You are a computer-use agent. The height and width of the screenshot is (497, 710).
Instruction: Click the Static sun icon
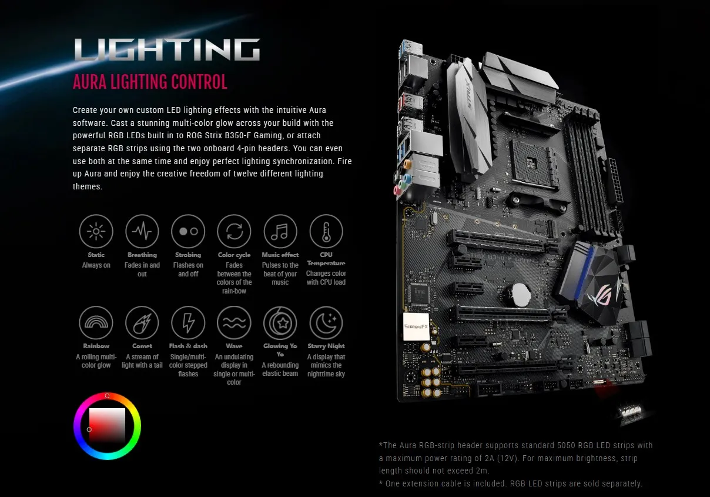[x=96, y=231]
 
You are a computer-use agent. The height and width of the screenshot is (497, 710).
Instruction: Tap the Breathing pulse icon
[x=142, y=231]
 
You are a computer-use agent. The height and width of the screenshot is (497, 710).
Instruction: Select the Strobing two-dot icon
[x=188, y=231]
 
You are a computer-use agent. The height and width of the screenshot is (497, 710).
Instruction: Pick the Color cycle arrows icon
[x=234, y=231]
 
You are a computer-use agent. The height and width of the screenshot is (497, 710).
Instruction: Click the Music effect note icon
[x=280, y=231]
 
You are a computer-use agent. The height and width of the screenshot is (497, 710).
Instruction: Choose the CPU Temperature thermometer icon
[x=326, y=231]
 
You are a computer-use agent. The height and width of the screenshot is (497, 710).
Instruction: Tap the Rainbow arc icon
[x=96, y=323]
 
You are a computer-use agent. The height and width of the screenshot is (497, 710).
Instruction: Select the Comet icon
[x=142, y=323]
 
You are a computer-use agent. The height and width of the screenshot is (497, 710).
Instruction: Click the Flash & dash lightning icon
[x=188, y=323]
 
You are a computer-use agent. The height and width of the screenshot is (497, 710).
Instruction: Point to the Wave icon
[x=234, y=323]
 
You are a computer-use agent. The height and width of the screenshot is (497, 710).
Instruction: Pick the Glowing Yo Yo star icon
[x=280, y=323]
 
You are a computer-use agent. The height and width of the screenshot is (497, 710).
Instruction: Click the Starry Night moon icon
[x=326, y=323]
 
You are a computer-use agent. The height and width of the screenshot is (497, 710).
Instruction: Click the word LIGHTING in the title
[x=167, y=51]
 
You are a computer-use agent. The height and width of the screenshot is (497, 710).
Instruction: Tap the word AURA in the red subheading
[x=89, y=82]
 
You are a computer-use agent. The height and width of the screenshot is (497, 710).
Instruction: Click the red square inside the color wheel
[x=107, y=425]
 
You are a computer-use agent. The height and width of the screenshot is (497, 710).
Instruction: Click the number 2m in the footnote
[x=481, y=471]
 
